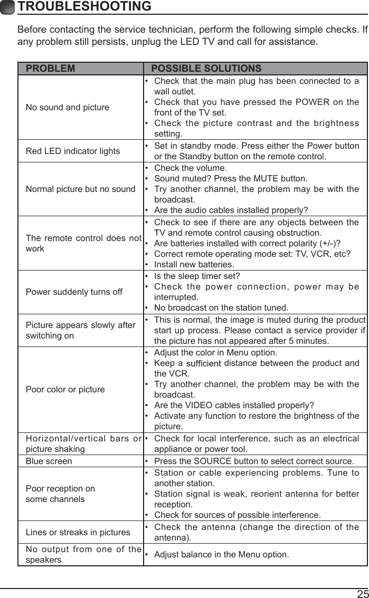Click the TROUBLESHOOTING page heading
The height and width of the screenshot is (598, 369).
84,7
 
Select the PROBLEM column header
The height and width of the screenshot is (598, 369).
51,69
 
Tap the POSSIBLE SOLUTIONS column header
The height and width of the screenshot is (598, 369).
206,69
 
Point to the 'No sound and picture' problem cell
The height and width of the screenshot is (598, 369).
68,108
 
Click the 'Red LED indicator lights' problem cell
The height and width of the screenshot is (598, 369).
73,151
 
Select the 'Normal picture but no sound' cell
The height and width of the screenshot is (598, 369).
80,189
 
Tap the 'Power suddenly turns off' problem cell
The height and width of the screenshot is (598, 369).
74,292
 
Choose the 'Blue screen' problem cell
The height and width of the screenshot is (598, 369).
49,461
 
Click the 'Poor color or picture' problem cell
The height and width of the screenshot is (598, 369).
65,390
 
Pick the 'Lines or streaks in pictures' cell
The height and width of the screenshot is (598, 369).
78,533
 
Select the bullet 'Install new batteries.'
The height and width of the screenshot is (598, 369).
194,264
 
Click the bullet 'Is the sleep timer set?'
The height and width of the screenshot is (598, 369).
196,276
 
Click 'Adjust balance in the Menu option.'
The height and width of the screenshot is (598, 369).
221,554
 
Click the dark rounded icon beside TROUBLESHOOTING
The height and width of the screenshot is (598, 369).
7,7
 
